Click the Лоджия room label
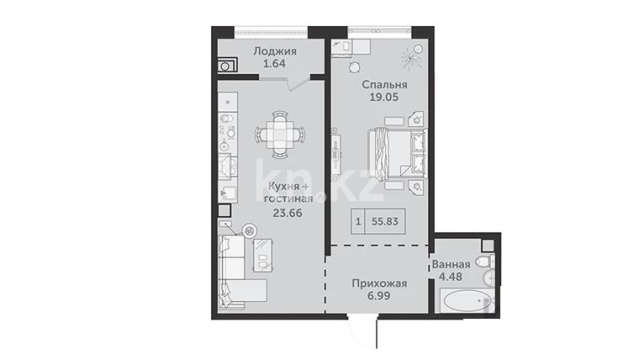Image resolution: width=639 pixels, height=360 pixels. [275, 51]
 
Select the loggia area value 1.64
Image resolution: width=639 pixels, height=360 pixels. [274, 64]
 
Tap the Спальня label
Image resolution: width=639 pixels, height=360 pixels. [384, 84]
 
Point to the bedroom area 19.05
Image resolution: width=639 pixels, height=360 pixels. [384, 97]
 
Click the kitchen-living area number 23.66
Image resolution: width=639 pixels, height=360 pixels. [288, 212]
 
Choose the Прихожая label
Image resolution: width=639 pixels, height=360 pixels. [379, 283]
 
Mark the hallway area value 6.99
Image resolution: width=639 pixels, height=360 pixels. [379, 296]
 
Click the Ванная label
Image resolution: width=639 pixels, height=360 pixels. [451, 264]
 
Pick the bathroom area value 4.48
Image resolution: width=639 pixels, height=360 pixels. [450, 276]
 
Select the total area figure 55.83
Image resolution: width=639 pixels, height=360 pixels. [385, 221]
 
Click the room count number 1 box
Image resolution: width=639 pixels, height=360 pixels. [358, 221]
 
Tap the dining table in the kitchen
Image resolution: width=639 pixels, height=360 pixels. [280, 134]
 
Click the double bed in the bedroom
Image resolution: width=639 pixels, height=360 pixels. [397, 154]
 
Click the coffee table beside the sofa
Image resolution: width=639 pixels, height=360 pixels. [263, 255]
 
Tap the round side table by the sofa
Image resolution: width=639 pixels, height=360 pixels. [249, 231]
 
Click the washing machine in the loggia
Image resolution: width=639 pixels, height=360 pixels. [227, 65]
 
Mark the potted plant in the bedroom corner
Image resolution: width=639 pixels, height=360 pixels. [412, 56]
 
